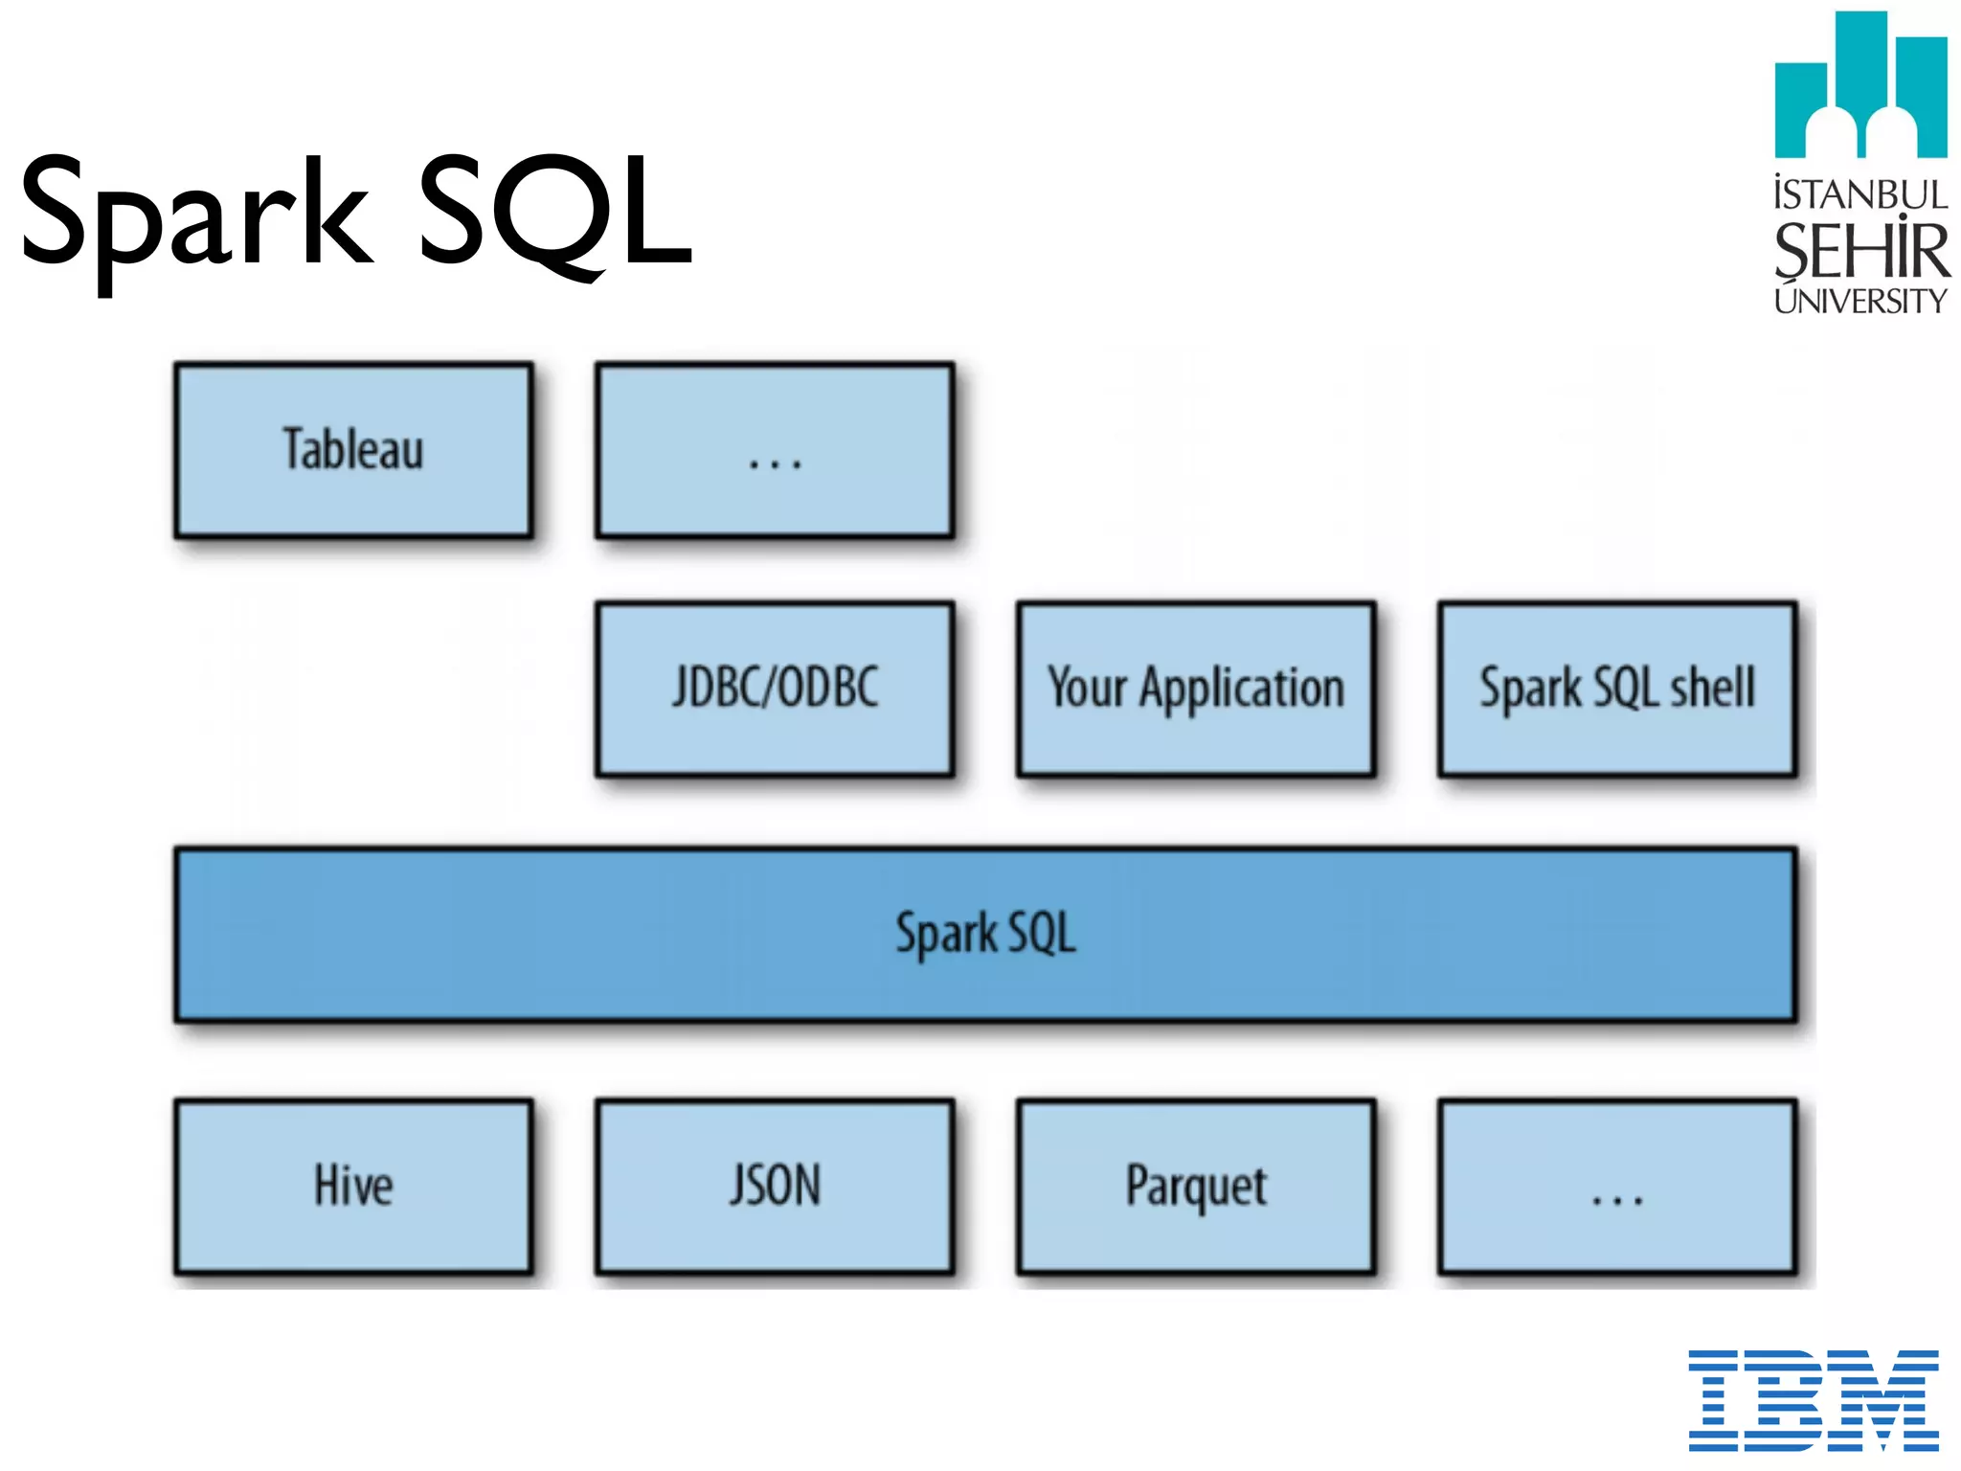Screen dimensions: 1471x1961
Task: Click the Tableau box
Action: (353, 449)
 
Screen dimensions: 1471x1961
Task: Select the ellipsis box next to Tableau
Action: (775, 449)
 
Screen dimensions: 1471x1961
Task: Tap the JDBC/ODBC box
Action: (775, 688)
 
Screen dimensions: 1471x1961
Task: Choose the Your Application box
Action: (1196, 688)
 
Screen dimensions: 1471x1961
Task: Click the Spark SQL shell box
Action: (1617, 688)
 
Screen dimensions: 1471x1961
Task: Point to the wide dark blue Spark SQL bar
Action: (985, 934)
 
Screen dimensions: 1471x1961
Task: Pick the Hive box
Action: (353, 1186)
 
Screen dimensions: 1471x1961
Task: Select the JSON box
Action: (775, 1186)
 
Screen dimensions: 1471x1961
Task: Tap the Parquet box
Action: (1196, 1186)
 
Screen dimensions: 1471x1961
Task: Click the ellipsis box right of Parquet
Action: (1617, 1186)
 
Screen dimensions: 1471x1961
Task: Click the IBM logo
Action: (1813, 1399)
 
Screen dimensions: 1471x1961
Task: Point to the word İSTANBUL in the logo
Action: (1860, 194)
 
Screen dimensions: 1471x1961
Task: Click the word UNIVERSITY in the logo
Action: (1860, 301)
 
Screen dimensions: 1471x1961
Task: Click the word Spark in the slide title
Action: (196, 215)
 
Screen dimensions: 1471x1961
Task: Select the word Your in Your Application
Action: (1087, 688)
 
